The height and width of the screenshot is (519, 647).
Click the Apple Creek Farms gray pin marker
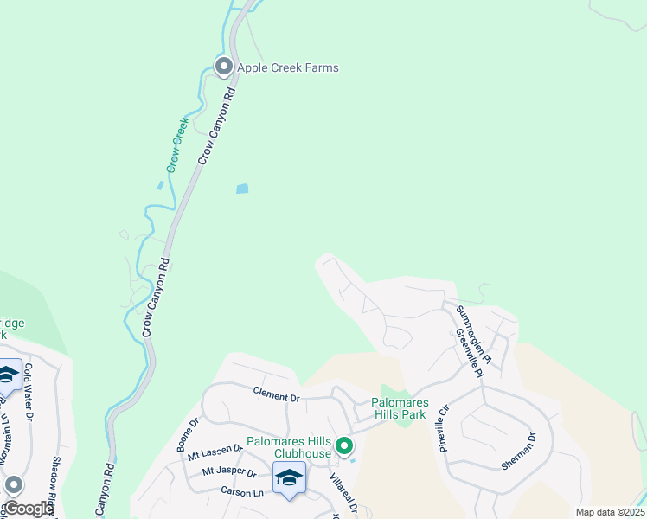pyautogui.click(x=223, y=67)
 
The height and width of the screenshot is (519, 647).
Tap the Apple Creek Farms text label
pyautogui.click(x=287, y=67)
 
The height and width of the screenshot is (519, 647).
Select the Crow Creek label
pyautogui.click(x=179, y=144)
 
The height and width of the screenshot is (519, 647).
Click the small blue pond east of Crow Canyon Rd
pyautogui.click(x=242, y=188)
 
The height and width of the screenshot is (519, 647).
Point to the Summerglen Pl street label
pyautogui.click(x=473, y=334)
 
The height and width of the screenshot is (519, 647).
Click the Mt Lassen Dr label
pyautogui.click(x=215, y=451)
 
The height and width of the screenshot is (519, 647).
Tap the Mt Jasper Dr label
pyautogui.click(x=228, y=472)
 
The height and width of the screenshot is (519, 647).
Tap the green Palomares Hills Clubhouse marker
pyautogui.click(x=344, y=446)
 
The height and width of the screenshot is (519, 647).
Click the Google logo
pyautogui.click(x=28, y=509)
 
